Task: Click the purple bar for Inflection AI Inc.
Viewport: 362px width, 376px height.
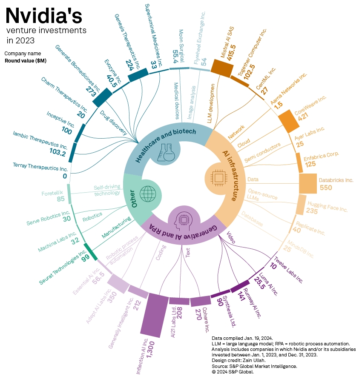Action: (154, 315)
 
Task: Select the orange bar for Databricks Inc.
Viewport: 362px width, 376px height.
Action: (308, 183)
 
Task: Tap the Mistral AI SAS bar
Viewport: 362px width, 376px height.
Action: (222, 68)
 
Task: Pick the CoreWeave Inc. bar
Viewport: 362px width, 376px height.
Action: (289, 121)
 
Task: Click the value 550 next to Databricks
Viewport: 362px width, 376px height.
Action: (326, 188)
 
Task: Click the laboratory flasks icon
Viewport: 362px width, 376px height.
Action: (165, 152)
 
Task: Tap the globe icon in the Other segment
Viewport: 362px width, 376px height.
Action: (148, 194)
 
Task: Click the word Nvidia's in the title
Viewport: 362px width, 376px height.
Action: (44, 16)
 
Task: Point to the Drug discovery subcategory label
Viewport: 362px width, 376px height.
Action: (113, 122)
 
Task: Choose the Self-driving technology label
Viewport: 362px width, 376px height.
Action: (107, 190)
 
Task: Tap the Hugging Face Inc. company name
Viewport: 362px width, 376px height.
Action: (328, 206)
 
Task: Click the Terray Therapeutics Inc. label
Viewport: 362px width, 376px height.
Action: (40, 167)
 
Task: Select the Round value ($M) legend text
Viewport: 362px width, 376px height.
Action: (26, 61)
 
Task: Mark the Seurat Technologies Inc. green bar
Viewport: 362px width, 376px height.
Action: (90, 251)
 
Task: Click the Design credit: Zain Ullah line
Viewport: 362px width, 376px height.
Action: (238, 360)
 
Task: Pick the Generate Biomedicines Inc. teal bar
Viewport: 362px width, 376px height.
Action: (103, 97)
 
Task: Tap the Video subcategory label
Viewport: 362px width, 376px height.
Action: (231, 237)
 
